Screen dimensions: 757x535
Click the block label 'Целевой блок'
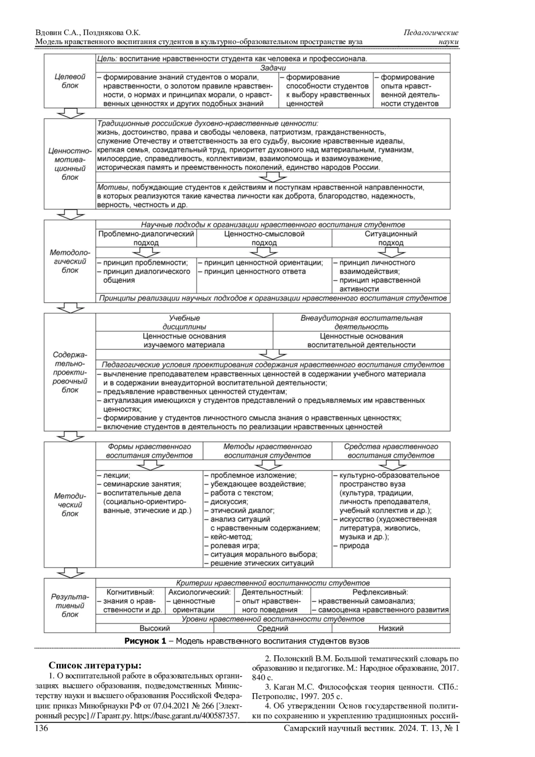(70, 81)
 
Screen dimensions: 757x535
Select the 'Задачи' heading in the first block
(273, 68)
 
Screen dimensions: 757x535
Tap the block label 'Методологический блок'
(70, 261)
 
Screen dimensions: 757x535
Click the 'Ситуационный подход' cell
(391, 238)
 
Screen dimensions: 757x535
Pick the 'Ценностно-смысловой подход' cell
(264, 238)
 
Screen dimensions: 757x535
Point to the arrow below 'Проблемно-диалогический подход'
(146, 252)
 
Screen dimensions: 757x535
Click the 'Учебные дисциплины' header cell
(184, 323)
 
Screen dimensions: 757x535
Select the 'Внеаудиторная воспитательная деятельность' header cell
(361, 323)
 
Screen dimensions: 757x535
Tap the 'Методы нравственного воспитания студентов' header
(267, 451)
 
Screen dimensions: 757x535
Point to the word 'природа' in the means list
(354, 546)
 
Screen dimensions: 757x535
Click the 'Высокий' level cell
(155, 628)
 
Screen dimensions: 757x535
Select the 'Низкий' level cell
(391, 628)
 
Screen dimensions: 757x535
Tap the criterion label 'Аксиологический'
(199, 592)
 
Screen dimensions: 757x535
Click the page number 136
(41, 728)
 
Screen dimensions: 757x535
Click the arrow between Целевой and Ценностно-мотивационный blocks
(70, 113)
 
